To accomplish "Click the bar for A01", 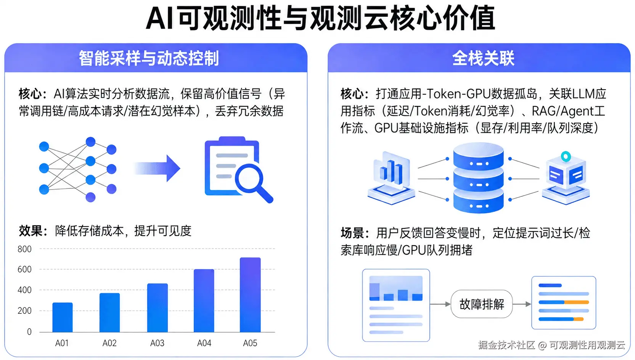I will (x=63, y=317).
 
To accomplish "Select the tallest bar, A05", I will (x=250, y=295).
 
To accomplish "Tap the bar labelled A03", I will (x=157, y=307).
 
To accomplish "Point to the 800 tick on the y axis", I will (x=24, y=249).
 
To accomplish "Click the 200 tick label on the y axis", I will (x=24, y=311).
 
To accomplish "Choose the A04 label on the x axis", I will (x=204, y=343).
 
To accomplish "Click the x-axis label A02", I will (x=109, y=343).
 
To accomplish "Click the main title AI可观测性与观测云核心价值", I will (x=320, y=18).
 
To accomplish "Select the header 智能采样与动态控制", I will (x=149, y=58).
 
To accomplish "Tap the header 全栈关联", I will (x=483, y=58).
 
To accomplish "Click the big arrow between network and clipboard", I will (x=158, y=168).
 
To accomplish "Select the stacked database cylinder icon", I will (x=478, y=177).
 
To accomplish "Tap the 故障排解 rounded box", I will (x=482, y=304).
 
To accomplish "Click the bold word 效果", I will (x=31, y=231).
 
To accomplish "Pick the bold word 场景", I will (x=352, y=233).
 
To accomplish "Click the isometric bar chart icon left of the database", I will (x=391, y=177).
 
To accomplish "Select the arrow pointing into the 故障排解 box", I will (x=440, y=304).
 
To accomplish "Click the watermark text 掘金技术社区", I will (x=506, y=345).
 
